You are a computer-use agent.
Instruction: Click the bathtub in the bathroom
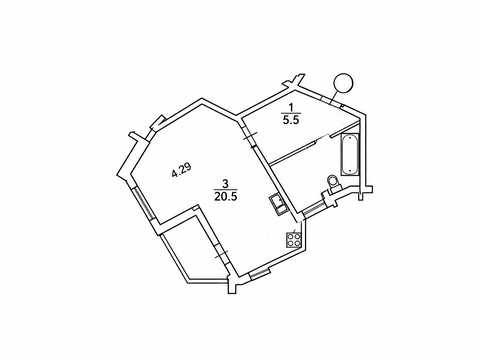[x=350, y=154]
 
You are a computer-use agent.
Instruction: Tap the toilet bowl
[x=333, y=183]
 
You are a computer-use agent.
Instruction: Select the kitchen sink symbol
[x=277, y=204]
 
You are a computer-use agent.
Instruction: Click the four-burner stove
[x=294, y=240]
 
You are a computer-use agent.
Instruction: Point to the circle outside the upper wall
[x=343, y=83]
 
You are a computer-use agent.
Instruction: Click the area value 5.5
[x=291, y=120]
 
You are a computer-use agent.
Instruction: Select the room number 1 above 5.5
[x=291, y=107]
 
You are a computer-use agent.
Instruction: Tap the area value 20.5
[x=226, y=197]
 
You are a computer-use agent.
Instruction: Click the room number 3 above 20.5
[x=226, y=183]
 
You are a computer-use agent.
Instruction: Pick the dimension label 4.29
[x=181, y=170]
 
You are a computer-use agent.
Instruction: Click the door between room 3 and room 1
[x=249, y=136]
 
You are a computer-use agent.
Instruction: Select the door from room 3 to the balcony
[x=221, y=256]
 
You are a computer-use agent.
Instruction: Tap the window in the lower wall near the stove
[x=260, y=274]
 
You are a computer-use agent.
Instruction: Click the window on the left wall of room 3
[x=143, y=203]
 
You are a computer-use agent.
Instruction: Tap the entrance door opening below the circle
[x=331, y=101]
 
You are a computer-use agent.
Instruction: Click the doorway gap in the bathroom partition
[x=323, y=138]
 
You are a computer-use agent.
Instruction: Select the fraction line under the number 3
[x=226, y=190]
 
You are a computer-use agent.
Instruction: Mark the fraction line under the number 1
[x=291, y=114]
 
